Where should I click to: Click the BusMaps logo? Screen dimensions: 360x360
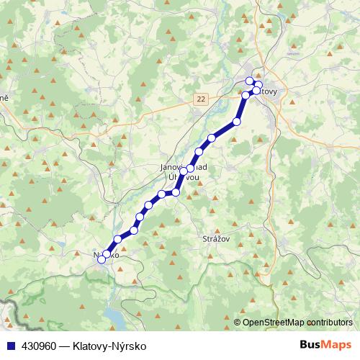325,345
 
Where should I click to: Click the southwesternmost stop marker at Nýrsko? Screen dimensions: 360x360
102,260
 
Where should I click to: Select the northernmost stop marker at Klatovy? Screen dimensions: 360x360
250,81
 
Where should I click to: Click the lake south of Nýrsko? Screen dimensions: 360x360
116,315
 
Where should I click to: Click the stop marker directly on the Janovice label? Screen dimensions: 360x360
190,171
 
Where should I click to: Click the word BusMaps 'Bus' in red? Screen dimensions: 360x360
311,345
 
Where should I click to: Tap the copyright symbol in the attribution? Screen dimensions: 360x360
238,323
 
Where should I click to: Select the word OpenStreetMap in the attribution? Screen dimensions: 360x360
274,323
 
